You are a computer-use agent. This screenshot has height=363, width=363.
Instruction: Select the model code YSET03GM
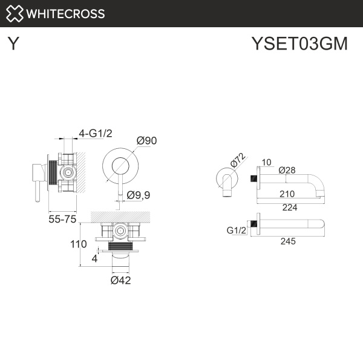coord(299,45)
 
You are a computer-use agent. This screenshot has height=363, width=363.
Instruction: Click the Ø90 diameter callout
coord(146,140)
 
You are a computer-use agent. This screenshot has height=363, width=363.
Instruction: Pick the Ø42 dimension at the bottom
coord(121,280)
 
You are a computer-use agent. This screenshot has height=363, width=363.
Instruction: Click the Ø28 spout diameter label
coord(286,170)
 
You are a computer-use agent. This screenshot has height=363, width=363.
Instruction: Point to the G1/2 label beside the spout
coord(237,231)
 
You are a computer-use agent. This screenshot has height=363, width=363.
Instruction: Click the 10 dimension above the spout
coord(267,162)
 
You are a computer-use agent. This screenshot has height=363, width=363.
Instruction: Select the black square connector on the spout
coord(254,177)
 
